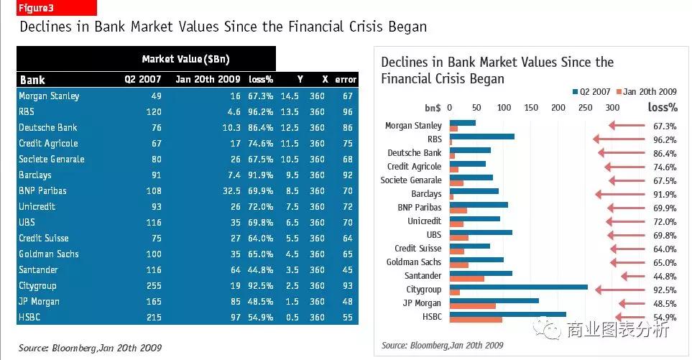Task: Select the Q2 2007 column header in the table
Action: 143,80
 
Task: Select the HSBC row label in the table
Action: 32,318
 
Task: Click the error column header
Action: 346,80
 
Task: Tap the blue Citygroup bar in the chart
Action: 518,287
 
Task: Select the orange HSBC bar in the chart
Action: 476,320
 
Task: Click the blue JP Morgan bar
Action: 494,300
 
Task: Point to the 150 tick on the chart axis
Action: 531,108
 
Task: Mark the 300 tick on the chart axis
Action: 612,108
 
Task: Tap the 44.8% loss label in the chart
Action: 664,277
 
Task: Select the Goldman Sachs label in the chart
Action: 413,262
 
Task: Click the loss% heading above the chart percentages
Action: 662,108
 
